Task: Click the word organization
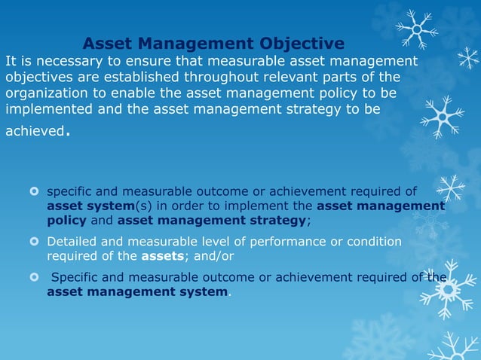(47, 94)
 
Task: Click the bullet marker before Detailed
(33, 242)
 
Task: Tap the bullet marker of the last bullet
(33, 278)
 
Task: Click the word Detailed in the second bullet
(72, 242)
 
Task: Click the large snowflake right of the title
(417, 29)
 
